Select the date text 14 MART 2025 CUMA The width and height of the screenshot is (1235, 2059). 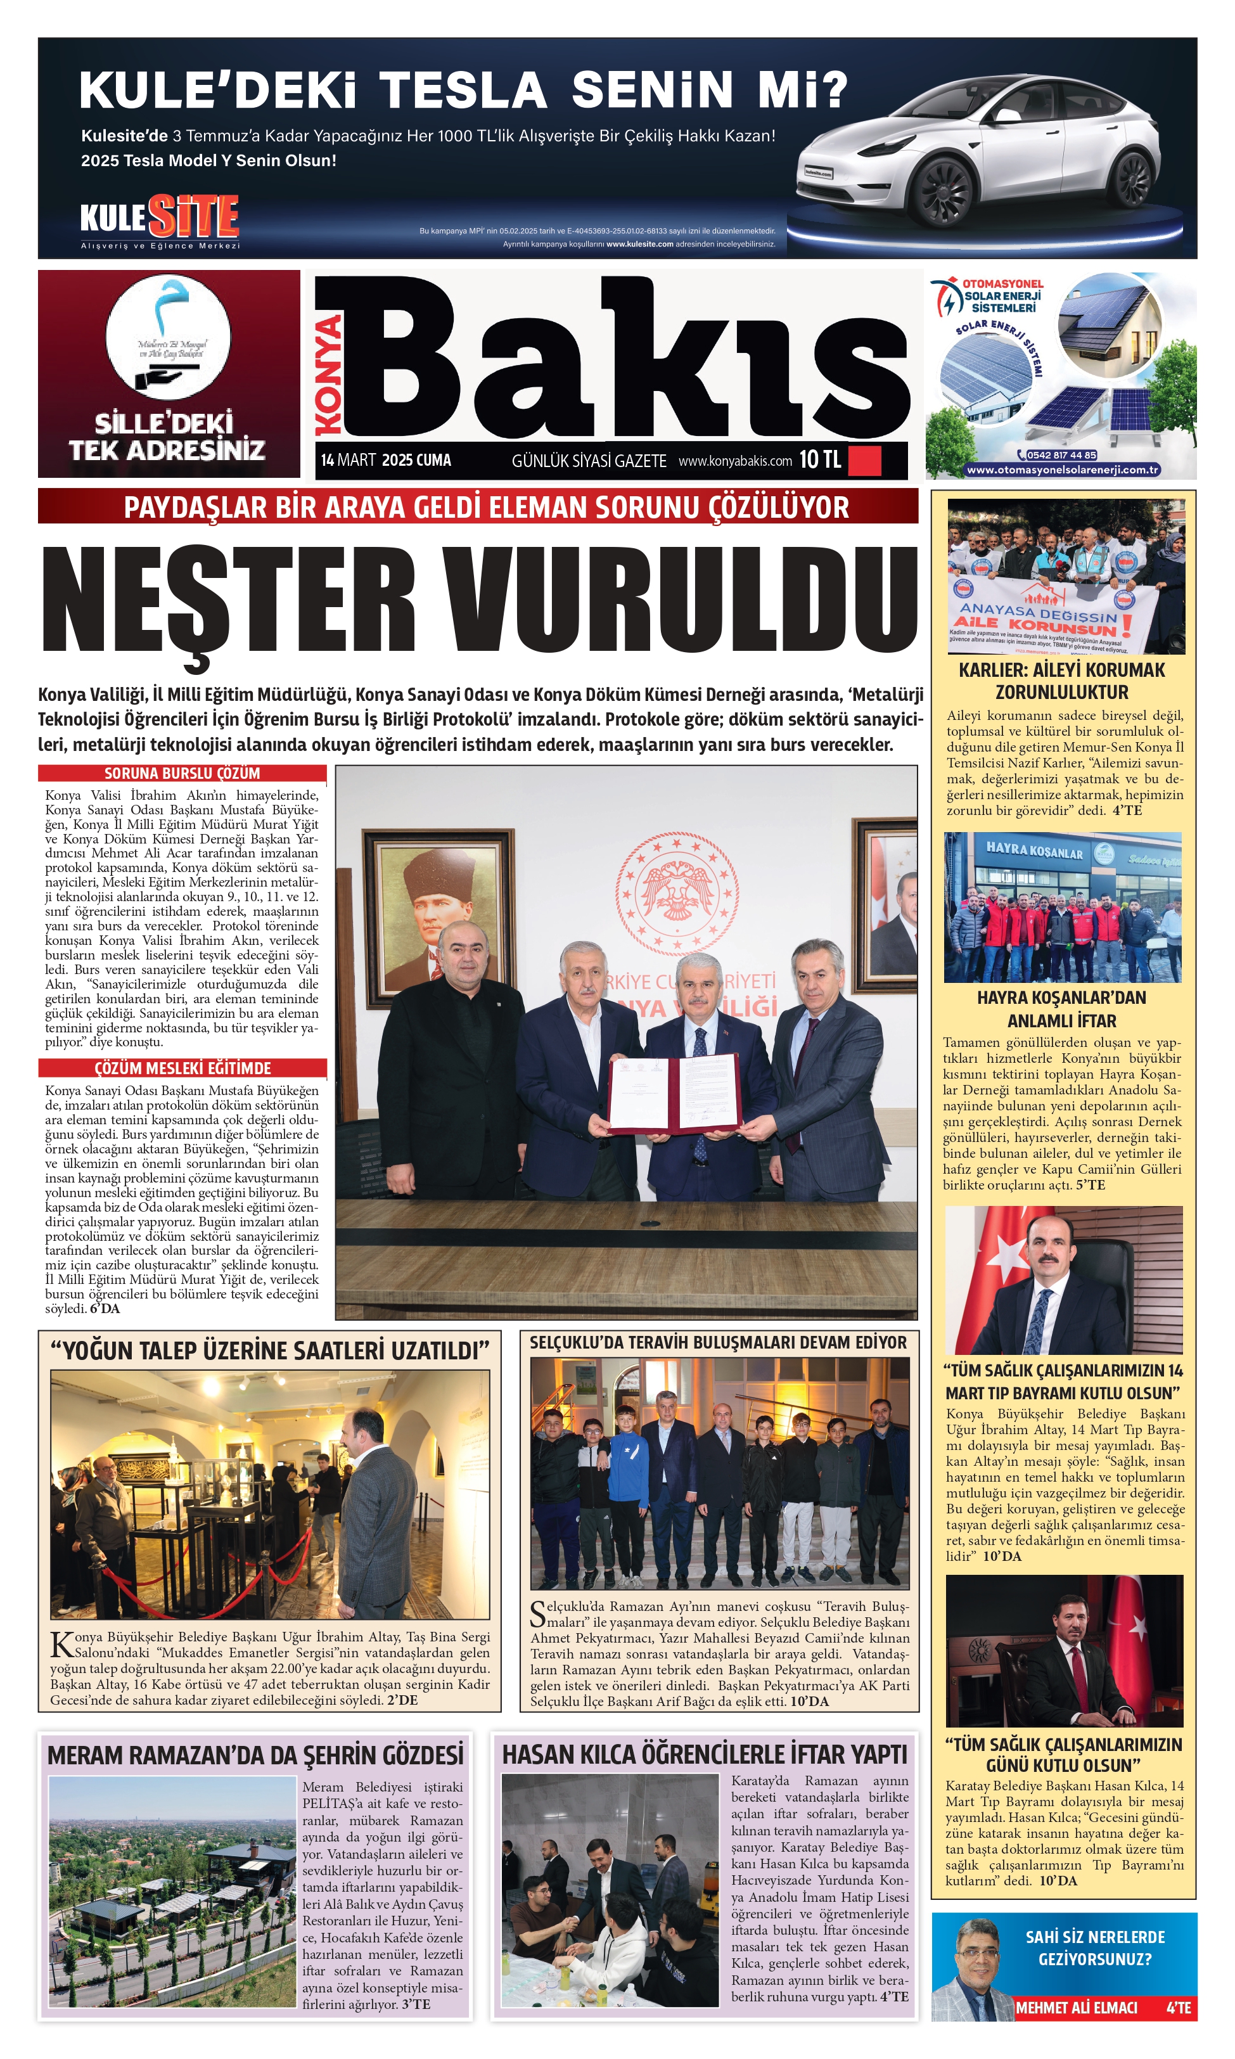tap(386, 460)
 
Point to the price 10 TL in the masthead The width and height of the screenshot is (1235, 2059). tap(820, 459)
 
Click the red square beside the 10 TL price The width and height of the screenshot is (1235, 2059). tap(864, 460)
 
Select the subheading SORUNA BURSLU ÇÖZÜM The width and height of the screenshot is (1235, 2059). tap(182, 773)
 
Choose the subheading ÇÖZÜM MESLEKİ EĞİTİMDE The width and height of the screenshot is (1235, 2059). tap(182, 1068)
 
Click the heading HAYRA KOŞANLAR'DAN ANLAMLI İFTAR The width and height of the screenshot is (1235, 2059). tap(1061, 1009)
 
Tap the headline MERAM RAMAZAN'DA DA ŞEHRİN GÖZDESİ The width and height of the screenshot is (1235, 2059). tap(255, 1755)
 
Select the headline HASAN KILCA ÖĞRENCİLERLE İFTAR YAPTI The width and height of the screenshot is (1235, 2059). tap(704, 1754)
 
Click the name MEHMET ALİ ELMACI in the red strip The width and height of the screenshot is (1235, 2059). tap(1076, 2008)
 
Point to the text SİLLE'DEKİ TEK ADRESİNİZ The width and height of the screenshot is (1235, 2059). tap(167, 437)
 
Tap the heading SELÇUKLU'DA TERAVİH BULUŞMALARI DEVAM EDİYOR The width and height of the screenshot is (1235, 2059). tap(718, 1342)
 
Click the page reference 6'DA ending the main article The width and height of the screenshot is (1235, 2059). tap(106, 1308)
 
